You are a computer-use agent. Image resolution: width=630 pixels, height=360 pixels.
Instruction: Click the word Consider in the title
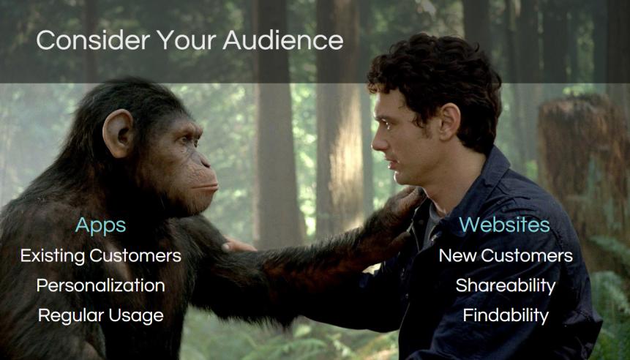click(x=93, y=40)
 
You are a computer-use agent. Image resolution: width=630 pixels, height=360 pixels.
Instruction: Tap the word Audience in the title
click(x=283, y=40)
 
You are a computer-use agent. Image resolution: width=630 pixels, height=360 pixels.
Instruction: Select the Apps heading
click(x=100, y=226)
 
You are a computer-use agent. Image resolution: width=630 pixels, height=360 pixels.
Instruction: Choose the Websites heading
click(x=504, y=224)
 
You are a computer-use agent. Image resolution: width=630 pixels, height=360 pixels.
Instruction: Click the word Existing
click(x=53, y=256)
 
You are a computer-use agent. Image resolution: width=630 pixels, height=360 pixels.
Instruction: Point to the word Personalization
click(x=100, y=285)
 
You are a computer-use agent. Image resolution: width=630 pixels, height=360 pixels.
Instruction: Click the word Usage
click(x=136, y=316)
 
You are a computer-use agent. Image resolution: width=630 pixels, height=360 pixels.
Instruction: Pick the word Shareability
click(x=506, y=285)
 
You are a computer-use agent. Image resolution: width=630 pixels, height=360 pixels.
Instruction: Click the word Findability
click(x=506, y=315)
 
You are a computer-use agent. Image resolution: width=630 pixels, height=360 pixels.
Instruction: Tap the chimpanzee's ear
click(x=118, y=133)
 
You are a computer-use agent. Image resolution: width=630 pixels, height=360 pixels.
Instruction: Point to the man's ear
click(x=449, y=121)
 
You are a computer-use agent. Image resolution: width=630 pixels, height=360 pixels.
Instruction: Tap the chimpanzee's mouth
click(x=204, y=187)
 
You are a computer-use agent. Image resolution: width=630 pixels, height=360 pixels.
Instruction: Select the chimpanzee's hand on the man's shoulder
click(x=404, y=205)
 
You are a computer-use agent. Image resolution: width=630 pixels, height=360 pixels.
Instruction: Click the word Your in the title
click(x=187, y=40)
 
